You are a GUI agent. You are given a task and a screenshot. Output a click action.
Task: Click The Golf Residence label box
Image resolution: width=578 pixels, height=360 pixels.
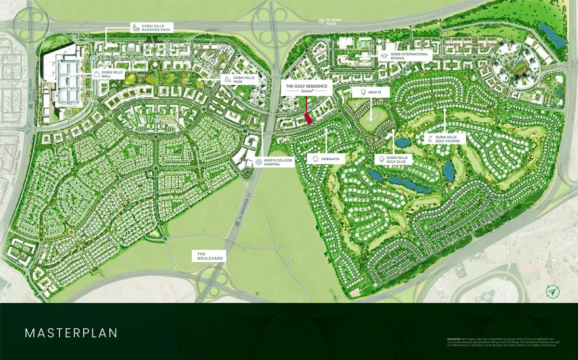[x=307, y=88]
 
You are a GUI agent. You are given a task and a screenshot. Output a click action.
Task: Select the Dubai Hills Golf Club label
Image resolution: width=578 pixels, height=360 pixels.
[x=394, y=160]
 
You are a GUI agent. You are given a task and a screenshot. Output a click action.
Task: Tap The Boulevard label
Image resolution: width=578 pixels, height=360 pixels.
[x=210, y=256]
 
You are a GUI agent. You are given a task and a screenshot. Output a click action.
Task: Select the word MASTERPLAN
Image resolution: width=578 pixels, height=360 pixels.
[x=72, y=333]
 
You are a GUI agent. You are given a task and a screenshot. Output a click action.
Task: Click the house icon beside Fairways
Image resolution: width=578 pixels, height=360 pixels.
[x=315, y=158]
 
